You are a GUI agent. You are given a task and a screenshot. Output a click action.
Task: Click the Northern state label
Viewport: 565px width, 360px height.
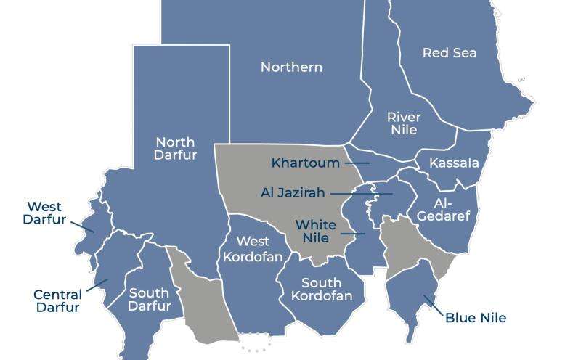(x=291, y=67)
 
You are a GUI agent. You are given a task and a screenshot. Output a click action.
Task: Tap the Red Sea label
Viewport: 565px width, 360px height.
(x=450, y=53)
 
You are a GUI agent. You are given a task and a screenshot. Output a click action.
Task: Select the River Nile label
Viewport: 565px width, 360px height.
(x=404, y=123)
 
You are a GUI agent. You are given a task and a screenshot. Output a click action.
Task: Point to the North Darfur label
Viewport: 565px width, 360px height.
(x=176, y=148)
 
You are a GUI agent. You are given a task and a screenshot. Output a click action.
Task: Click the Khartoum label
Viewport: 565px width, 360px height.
(x=305, y=163)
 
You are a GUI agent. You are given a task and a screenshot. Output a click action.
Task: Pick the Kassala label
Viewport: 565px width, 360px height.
(x=454, y=163)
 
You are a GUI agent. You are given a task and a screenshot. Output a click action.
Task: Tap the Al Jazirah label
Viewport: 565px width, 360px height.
(x=293, y=193)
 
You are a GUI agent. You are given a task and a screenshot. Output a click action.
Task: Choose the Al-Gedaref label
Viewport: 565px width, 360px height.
(x=444, y=210)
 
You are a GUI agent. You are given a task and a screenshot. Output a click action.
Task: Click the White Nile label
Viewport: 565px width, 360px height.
(x=315, y=232)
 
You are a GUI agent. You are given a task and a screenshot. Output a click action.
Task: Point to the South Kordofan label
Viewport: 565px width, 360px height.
(x=322, y=289)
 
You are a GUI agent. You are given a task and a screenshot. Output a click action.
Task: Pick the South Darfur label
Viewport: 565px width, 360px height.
(x=149, y=299)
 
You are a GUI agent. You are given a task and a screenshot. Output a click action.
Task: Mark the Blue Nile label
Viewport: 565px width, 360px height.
(x=475, y=318)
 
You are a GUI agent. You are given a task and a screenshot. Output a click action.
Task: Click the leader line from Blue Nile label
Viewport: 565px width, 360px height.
(x=434, y=305)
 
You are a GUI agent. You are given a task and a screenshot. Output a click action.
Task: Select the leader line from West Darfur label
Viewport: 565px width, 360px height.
(x=81, y=226)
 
